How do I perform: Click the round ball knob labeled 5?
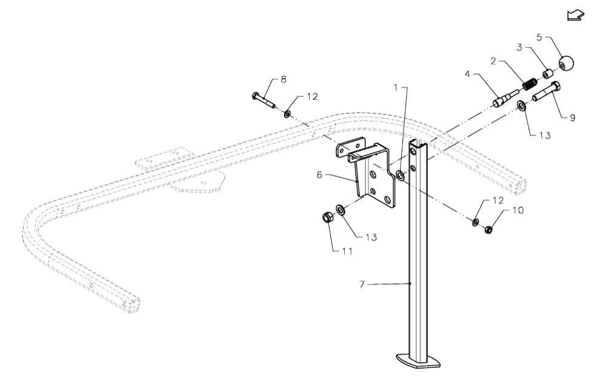pyautogui.click(x=566, y=63)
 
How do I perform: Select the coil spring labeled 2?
pyautogui.click(x=529, y=85)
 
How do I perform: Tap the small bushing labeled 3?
pyautogui.click(x=548, y=74)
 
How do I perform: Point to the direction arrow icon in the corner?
pyautogui.click(x=575, y=15)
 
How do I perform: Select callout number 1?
pyautogui.click(x=396, y=88)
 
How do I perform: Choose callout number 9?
pyautogui.click(x=572, y=118)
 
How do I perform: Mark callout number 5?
pyautogui.click(x=540, y=37)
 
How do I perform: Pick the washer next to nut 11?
pyautogui.click(x=341, y=210)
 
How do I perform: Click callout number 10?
pyautogui.click(x=518, y=210)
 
